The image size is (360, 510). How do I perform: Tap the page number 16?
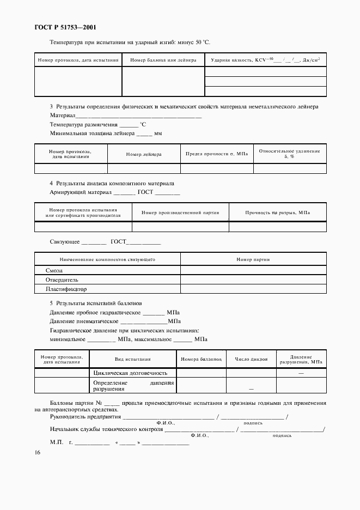pos(36,453)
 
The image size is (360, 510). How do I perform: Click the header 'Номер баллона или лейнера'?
pos(163,60)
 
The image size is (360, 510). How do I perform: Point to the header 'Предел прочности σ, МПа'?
pos(217,154)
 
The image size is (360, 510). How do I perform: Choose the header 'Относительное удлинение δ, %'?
pos(290,154)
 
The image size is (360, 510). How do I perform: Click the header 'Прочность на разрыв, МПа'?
pos(278,212)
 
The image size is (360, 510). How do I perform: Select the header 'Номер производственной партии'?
pos(180,212)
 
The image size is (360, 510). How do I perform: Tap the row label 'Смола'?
pos(54,270)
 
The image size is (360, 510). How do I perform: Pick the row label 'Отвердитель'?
pos(63,280)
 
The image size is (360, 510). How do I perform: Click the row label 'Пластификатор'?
pos(66,289)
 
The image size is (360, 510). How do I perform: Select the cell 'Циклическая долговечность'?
pos(134,373)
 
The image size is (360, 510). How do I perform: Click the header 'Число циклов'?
pos(251,359)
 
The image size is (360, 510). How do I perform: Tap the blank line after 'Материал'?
pos(139,116)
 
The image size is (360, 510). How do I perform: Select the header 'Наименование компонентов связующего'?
pos(107,259)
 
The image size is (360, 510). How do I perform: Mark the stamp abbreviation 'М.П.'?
pos(57,442)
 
